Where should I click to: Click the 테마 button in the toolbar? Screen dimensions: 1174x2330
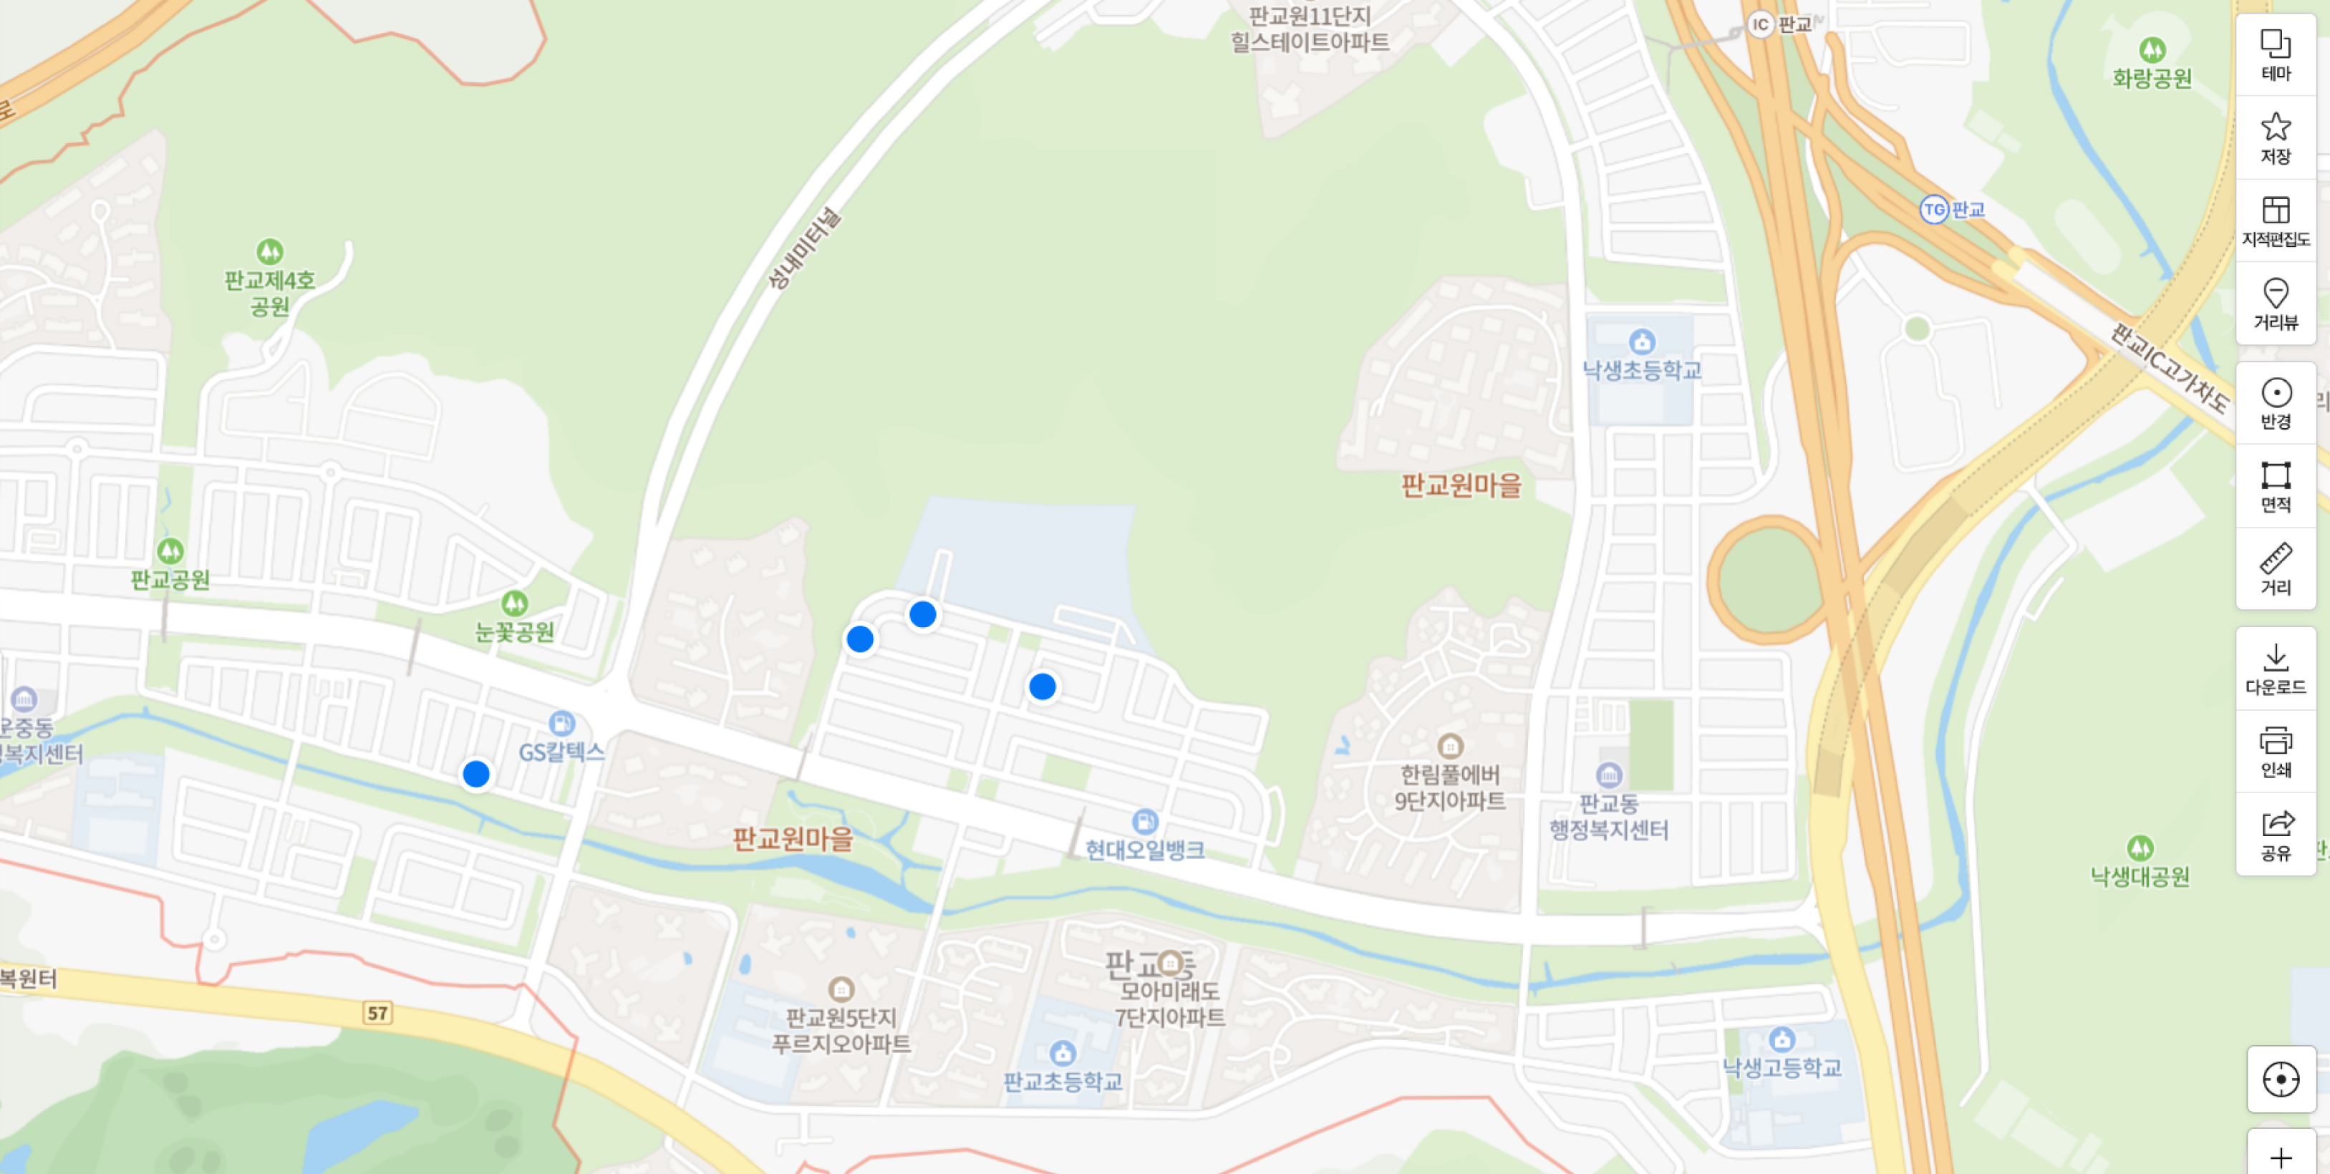point(2275,54)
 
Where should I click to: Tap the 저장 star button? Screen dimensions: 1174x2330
point(2275,137)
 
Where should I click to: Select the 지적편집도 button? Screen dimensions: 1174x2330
point(2275,220)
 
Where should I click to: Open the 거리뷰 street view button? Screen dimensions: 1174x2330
point(2275,304)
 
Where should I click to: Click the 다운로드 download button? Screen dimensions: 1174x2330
point(2275,669)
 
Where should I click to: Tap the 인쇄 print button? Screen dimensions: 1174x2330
point(2275,752)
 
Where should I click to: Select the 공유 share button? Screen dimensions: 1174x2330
point(2275,835)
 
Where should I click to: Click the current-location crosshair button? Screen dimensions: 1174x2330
point(2281,1079)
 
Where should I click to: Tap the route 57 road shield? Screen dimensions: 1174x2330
point(377,1013)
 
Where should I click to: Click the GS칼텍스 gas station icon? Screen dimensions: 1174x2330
point(561,723)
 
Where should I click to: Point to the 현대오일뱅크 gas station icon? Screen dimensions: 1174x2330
point(1144,821)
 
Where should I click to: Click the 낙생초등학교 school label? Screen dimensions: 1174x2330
point(1642,370)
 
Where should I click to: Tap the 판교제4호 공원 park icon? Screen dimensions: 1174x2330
point(269,251)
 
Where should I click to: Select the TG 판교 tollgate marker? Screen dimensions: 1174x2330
point(1933,210)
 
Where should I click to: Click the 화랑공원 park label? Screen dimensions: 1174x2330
point(2152,79)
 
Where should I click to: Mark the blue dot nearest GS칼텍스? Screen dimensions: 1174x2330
point(475,775)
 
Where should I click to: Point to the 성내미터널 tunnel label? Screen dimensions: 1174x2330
point(804,248)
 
